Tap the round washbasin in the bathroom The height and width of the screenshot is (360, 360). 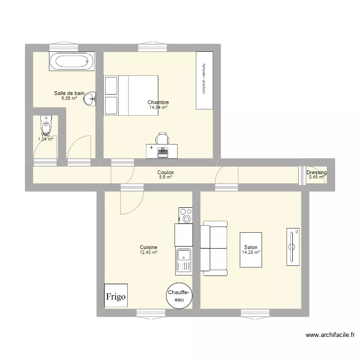(90, 99)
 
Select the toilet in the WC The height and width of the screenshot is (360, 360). (46, 126)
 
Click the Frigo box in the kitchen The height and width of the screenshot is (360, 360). (116, 296)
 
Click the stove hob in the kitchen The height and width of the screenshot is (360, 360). (185, 216)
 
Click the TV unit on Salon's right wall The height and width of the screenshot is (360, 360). (292, 246)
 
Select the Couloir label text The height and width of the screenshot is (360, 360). (166, 172)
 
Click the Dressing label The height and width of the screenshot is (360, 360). (317, 173)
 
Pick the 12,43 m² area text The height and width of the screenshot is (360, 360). (148, 252)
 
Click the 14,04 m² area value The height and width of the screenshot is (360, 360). (158, 108)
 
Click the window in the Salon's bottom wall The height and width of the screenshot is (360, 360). (254, 313)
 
